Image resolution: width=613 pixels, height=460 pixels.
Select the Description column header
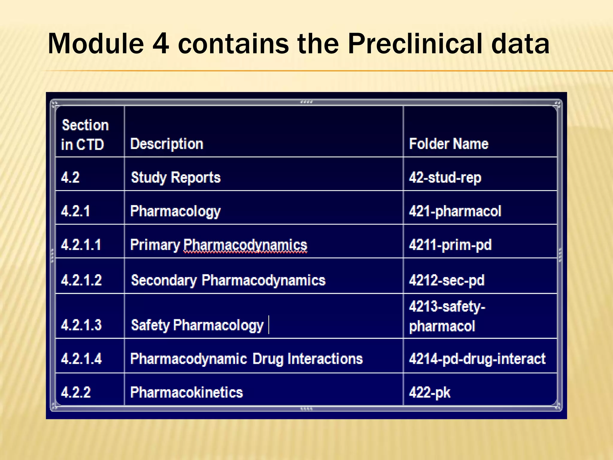[x=167, y=144]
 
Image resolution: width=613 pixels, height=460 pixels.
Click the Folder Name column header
[x=448, y=144]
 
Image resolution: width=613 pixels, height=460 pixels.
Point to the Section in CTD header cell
[x=85, y=135]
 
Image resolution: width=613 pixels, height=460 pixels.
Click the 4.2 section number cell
[x=70, y=177]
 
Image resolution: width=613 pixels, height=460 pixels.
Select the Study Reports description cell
[x=176, y=177]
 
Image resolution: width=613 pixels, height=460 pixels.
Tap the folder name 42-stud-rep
[x=445, y=177]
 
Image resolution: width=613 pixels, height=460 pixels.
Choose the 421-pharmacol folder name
[x=455, y=211]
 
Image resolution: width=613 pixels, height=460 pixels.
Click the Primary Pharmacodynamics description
[x=219, y=245]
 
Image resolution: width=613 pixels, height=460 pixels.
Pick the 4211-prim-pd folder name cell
[x=450, y=245]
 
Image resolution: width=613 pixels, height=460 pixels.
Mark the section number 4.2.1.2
[x=81, y=280]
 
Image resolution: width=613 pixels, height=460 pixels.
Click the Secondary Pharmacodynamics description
[x=228, y=280]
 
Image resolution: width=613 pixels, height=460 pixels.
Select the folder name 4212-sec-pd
[x=447, y=280]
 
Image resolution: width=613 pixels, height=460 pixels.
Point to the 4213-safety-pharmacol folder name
[x=447, y=316]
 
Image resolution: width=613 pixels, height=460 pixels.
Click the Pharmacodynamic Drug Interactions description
[x=246, y=359]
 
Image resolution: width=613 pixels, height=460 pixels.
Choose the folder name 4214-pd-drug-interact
[x=477, y=359]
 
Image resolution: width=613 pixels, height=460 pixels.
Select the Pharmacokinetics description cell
[x=186, y=392]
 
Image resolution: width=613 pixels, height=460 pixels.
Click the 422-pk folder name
[x=430, y=392]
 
